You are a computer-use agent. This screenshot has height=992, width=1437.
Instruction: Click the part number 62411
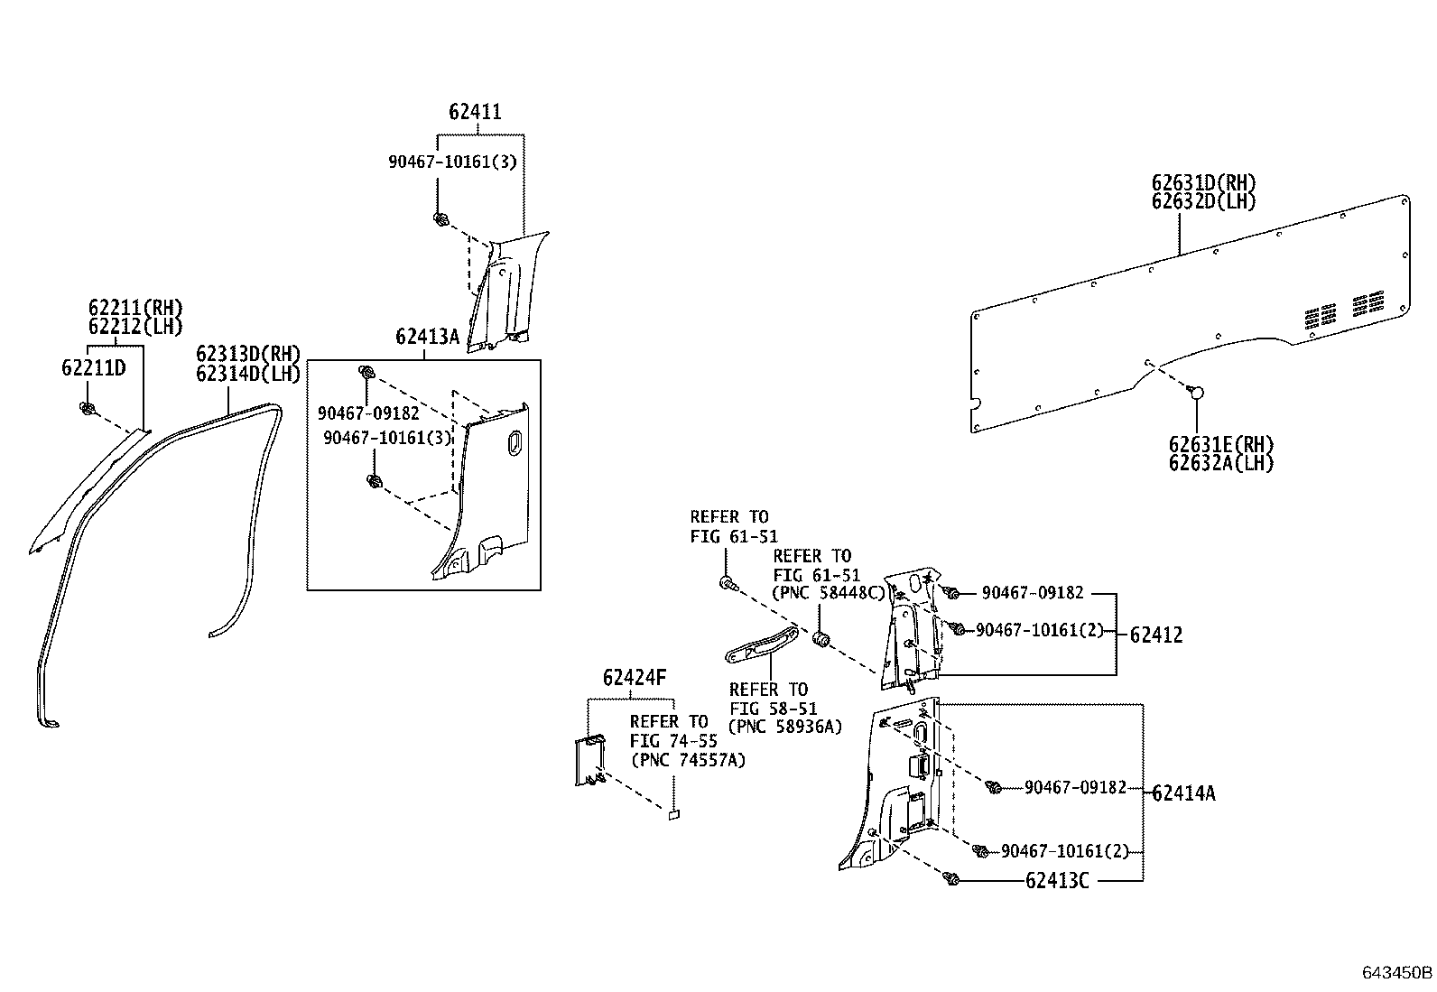point(475,112)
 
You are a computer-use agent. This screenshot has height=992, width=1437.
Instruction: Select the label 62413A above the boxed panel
point(427,338)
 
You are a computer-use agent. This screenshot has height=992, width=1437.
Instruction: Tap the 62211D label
point(93,367)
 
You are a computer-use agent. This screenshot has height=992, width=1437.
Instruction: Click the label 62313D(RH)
point(247,354)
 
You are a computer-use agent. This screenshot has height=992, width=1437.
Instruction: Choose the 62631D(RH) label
point(1203,183)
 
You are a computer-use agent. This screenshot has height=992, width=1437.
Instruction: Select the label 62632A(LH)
point(1220,464)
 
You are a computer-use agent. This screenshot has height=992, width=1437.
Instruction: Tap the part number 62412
point(1155,635)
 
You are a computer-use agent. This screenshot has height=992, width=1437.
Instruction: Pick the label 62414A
point(1183,793)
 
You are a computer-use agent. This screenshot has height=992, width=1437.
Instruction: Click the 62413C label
point(1057,880)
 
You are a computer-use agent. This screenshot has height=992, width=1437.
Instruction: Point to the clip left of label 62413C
point(951,878)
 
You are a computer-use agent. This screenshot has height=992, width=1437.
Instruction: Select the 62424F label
point(635,678)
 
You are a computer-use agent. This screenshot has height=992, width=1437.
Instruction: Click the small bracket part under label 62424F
point(590,761)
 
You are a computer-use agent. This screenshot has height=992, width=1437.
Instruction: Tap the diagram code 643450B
point(1397,973)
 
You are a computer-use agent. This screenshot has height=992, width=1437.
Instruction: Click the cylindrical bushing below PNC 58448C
point(821,640)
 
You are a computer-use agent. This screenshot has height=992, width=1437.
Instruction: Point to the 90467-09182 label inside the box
point(368,413)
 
